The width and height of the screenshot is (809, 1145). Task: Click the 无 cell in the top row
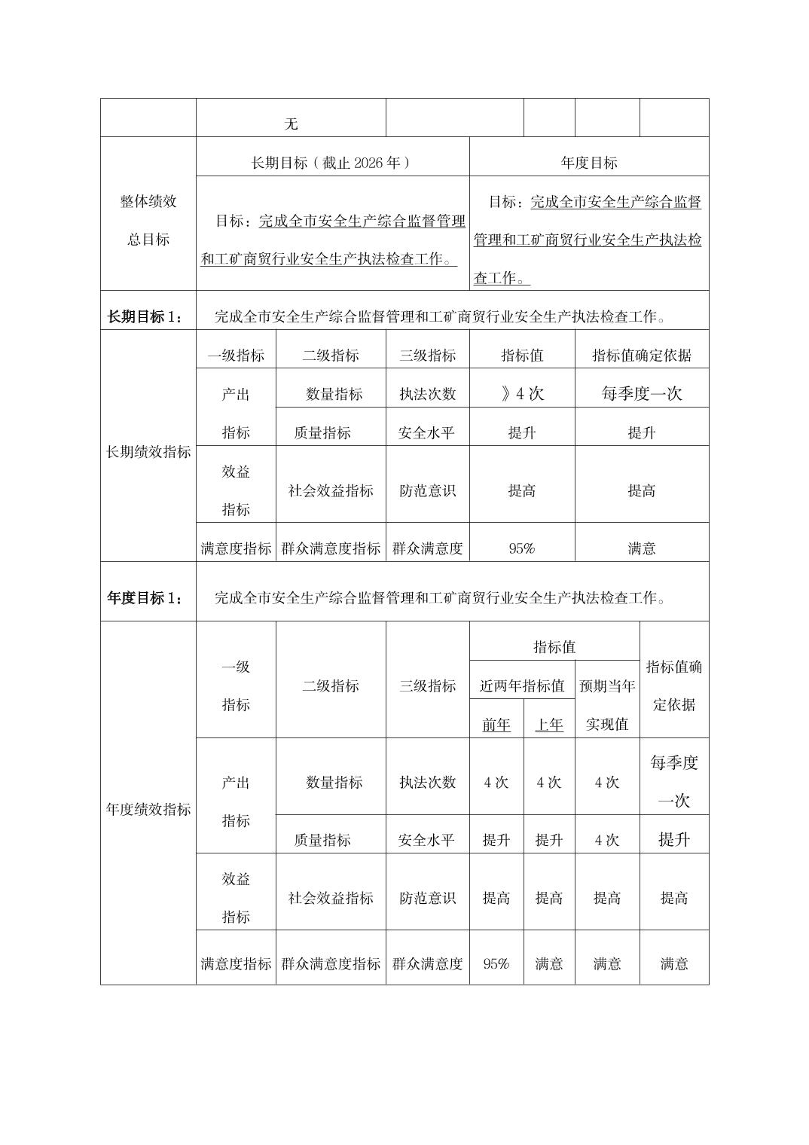(291, 124)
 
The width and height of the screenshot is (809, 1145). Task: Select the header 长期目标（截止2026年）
(331, 163)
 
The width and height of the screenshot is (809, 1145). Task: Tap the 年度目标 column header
(588, 163)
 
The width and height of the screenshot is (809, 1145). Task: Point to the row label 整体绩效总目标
(148, 220)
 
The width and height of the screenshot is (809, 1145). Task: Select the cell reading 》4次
(522, 394)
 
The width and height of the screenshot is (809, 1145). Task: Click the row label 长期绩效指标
(148, 452)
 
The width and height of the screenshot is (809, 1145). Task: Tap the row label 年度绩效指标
(148, 809)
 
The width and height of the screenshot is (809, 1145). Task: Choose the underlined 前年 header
(496, 725)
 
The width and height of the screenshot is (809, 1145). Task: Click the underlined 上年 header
(549, 725)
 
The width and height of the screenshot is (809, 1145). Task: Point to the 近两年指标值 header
(522, 685)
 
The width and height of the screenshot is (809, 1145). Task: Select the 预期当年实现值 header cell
(607, 705)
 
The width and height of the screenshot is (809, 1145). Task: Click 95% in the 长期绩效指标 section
(522, 548)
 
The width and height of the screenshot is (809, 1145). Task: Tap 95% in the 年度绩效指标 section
(496, 963)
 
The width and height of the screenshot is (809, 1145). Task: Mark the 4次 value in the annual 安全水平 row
(607, 840)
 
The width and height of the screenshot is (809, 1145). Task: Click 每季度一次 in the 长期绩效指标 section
(642, 394)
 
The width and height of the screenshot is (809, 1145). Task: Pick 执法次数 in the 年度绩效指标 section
(428, 783)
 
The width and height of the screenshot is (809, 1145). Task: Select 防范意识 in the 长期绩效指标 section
(428, 491)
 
